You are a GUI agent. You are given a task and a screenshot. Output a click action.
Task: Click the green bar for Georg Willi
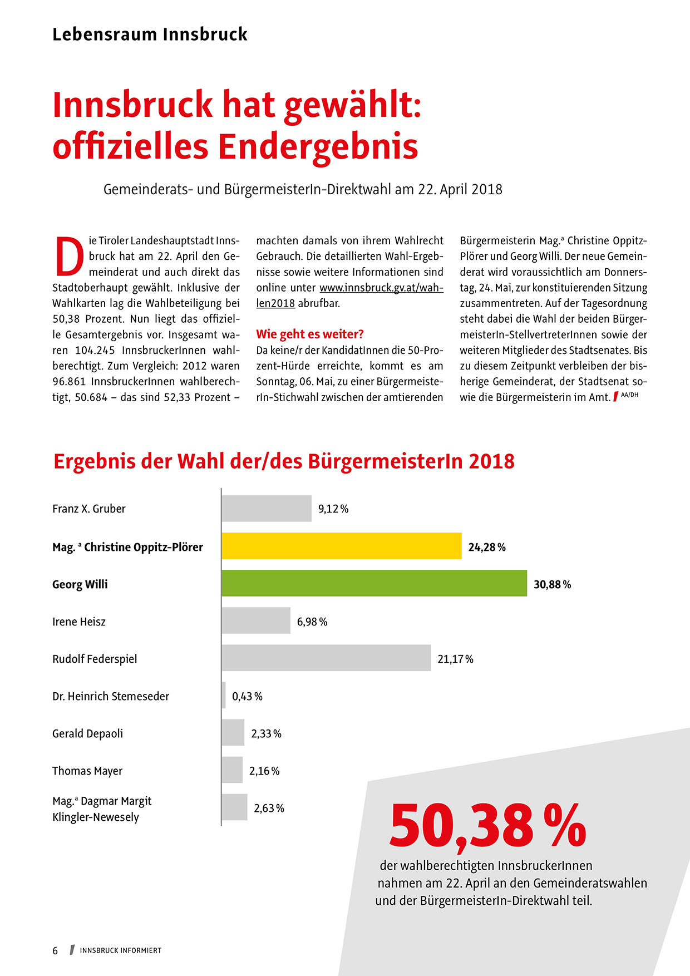coord(374,583)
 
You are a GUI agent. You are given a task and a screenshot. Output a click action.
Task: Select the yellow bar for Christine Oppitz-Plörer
coord(341,546)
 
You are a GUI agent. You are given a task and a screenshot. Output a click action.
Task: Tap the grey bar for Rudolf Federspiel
coord(326,658)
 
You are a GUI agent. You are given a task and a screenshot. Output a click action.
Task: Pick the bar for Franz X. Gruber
coord(267,509)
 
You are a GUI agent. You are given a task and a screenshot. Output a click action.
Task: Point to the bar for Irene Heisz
coord(256,620)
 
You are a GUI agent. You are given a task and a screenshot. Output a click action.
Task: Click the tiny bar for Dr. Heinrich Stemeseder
coord(224,695)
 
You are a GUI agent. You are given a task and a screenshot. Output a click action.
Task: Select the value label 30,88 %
coord(552,585)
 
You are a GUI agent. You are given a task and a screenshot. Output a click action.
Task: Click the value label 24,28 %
coord(486,548)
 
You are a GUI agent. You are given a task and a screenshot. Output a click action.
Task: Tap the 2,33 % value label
coord(266,734)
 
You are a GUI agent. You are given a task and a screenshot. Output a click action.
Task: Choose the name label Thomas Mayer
coord(87,771)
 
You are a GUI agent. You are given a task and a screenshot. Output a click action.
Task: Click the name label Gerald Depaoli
coord(87,734)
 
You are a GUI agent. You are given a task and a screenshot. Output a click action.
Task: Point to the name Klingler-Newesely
coord(96,817)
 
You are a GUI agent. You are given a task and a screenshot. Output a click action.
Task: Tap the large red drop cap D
coord(70,256)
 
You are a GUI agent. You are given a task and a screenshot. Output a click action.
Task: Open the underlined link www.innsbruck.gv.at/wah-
coord(381,288)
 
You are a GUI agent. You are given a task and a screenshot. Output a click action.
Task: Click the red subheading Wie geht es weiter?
coord(310,334)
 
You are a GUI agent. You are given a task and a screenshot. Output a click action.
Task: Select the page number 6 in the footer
coord(55,950)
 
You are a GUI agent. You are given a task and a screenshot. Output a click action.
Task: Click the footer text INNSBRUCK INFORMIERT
coord(121,950)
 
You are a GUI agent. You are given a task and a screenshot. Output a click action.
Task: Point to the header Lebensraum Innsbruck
coord(150,34)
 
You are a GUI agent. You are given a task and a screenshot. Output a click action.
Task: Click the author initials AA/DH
coord(629,395)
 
